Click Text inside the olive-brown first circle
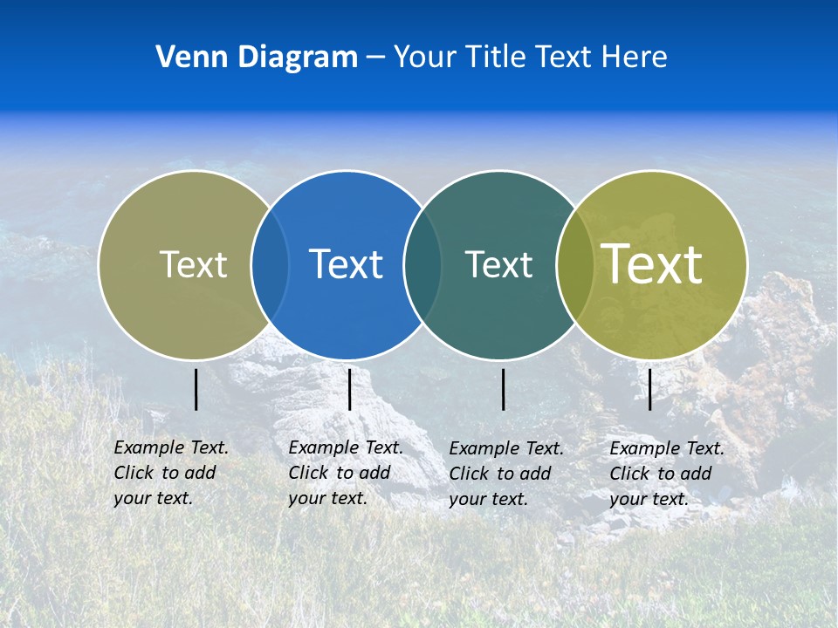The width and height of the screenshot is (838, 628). pyautogui.click(x=193, y=264)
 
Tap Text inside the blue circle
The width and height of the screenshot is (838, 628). pyautogui.click(x=347, y=264)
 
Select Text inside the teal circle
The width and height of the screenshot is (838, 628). pyautogui.click(x=498, y=264)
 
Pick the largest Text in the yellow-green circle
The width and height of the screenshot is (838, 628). pyautogui.click(x=652, y=263)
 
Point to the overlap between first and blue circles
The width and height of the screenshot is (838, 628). pyautogui.click(x=270, y=264)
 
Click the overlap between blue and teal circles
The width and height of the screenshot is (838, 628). pyautogui.click(x=422, y=264)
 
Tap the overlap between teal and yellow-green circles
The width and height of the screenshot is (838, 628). pyautogui.click(x=575, y=264)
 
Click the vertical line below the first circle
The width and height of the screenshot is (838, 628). pyautogui.click(x=196, y=389)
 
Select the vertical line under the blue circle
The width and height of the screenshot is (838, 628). pyautogui.click(x=349, y=389)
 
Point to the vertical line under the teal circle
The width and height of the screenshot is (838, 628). pyautogui.click(x=504, y=389)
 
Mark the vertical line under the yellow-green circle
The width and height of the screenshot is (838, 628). pyautogui.click(x=650, y=389)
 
